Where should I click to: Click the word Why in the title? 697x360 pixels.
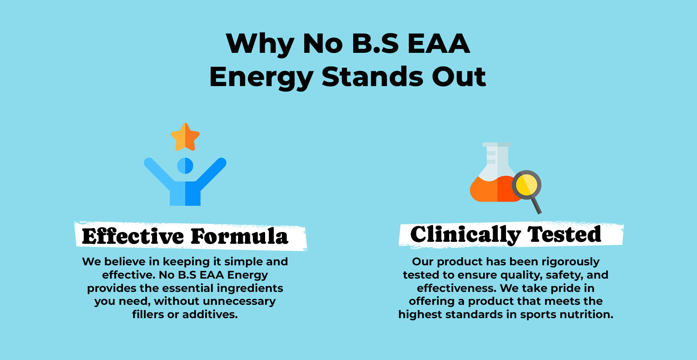click(x=260, y=44)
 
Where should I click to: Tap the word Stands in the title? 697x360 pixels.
click(x=372, y=77)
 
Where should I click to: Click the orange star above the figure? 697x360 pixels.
click(x=185, y=137)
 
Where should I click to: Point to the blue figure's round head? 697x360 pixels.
click(x=185, y=166)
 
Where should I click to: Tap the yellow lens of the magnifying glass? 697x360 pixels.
click(x=527, y=185)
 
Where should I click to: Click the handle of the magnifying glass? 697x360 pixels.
click(x=536, y=204)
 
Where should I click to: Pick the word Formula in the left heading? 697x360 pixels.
click(x=240, y=236)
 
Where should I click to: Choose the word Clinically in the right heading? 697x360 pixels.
click(x=466, y=235)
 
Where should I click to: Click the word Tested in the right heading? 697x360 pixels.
click(x=564, y=234)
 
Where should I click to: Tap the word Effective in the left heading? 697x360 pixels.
click(x=133, y=236)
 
